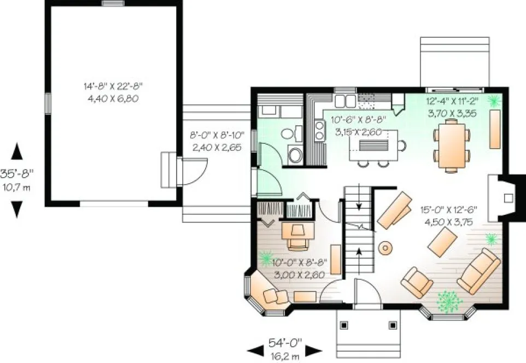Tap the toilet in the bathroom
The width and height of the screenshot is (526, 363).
click(295, 155)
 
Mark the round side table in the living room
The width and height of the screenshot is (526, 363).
click(386, 248)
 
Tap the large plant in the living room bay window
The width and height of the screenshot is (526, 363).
click(449, 301)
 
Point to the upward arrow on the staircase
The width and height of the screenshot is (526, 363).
click(359, 253)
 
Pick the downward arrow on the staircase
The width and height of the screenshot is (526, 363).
click(359, 206)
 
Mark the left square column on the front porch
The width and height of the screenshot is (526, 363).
click(344, 325)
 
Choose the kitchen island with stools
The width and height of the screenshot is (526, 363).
click(376, 147)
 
